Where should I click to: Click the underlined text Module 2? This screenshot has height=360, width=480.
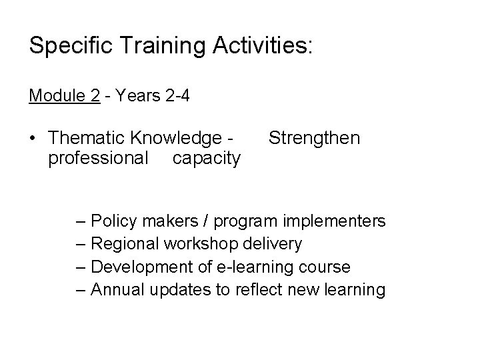(64, 96)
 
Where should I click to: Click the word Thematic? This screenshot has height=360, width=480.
(89, 138)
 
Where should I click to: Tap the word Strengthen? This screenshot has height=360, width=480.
(313, 138)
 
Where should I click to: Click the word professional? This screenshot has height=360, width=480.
(98, 158)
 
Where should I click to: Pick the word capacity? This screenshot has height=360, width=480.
(206, 158)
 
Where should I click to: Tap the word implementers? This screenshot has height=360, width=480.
(335, 221)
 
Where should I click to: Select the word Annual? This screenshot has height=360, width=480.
(115, 290)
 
